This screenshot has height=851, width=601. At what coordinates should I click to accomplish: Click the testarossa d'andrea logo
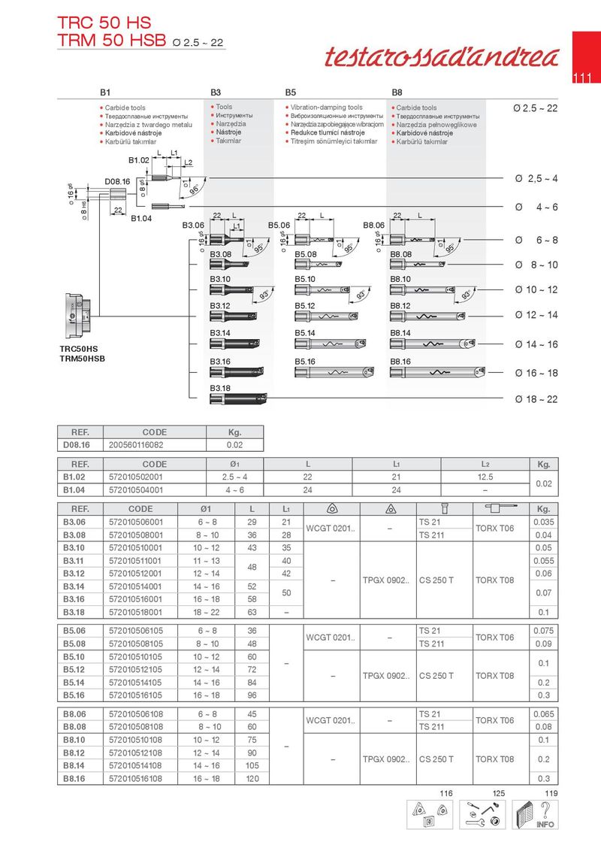(442, 56)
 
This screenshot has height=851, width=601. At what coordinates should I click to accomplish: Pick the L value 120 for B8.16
(252, 779)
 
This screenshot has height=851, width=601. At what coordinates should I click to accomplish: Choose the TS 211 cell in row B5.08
(432, 644)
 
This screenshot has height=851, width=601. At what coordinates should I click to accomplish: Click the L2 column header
(487, 465)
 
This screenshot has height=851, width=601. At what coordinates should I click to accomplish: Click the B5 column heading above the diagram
(291, 92)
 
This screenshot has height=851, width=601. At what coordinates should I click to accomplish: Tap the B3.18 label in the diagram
(220, 388)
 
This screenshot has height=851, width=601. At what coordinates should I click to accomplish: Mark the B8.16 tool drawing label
(401, 362)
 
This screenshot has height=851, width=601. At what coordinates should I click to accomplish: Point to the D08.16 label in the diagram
(118, 181)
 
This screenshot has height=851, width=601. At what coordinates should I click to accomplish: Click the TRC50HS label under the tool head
(80, 349)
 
